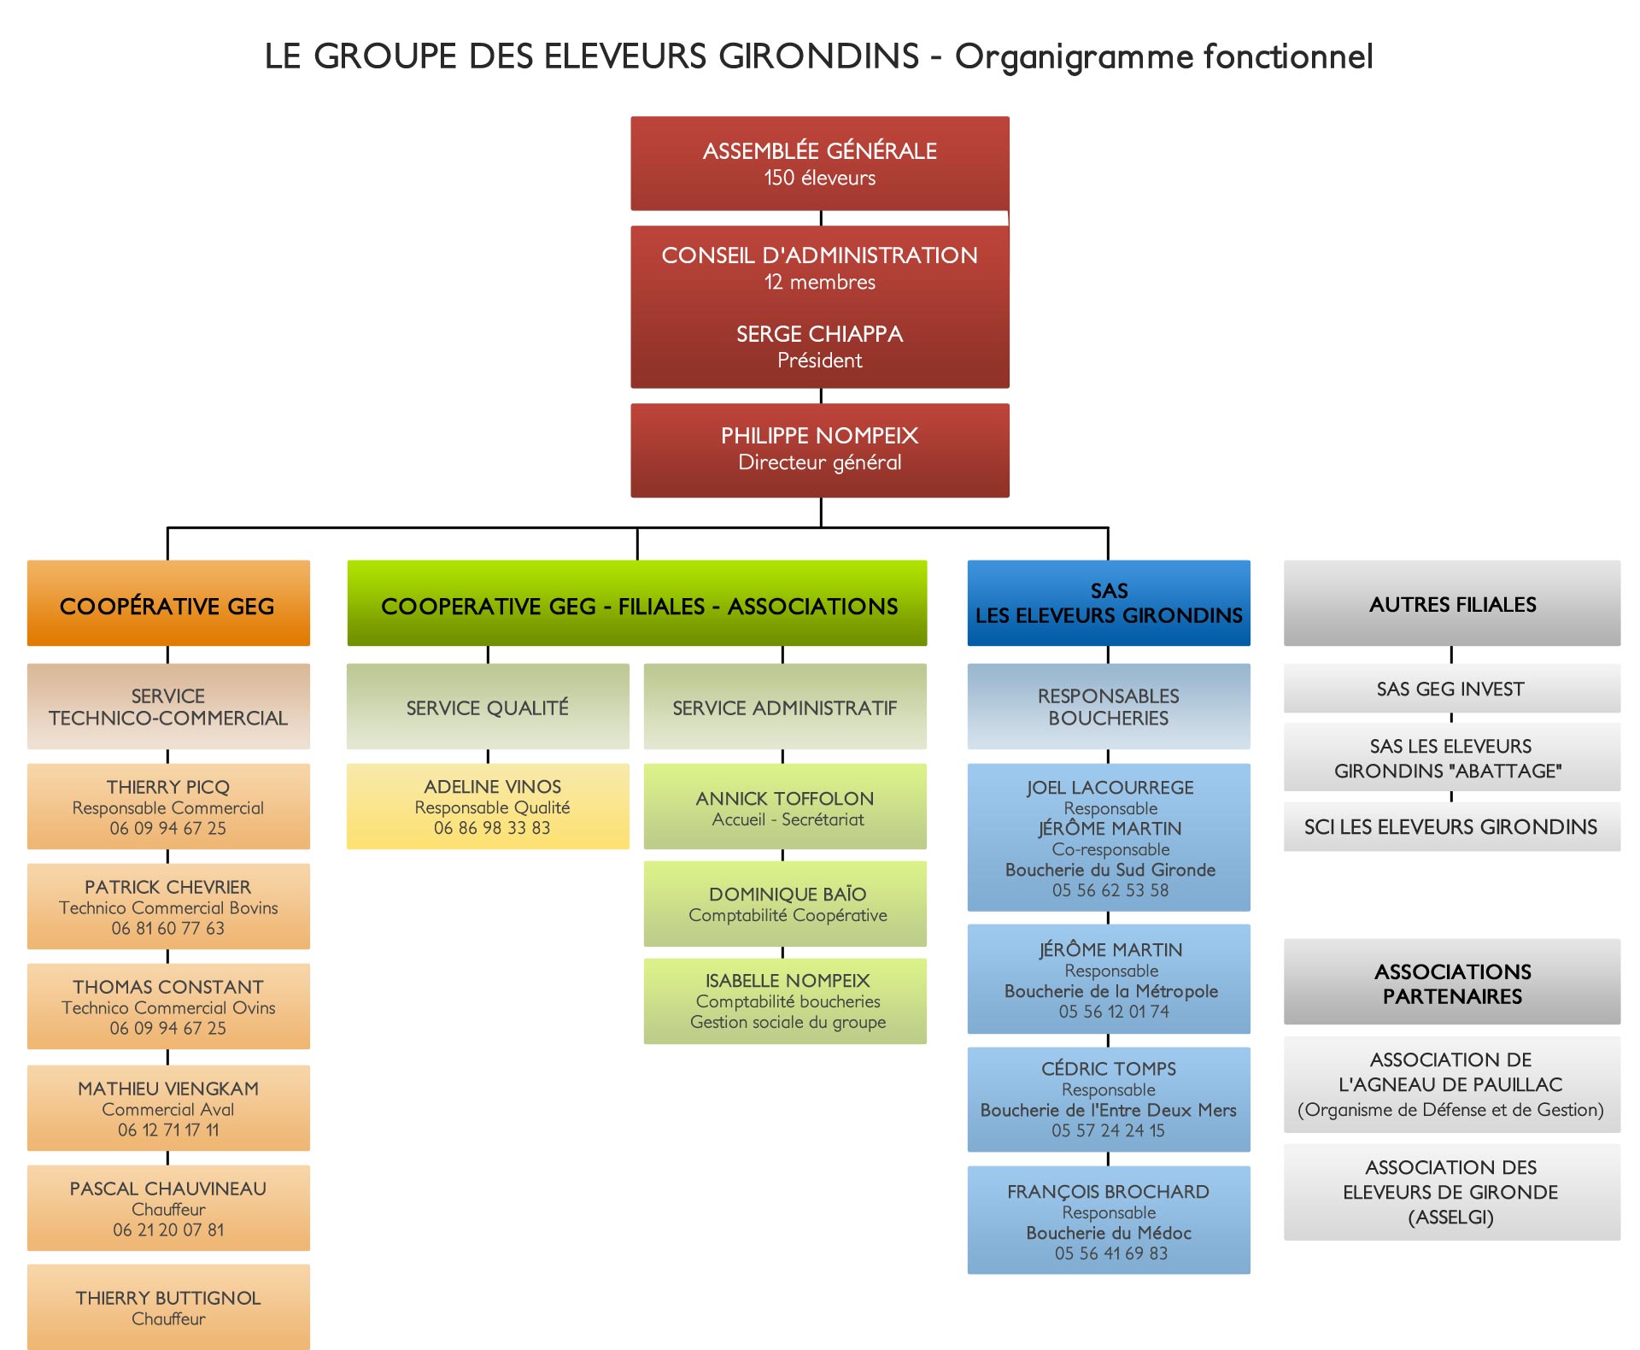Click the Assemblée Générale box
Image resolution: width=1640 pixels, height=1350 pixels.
820,163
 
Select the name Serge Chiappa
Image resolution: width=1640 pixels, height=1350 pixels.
820,334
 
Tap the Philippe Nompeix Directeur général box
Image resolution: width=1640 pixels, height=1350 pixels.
820,450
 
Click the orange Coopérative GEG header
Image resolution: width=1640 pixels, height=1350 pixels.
168,603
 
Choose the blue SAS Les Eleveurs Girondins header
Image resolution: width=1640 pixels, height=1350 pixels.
1109,603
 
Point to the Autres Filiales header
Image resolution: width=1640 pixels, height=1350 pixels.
1452,603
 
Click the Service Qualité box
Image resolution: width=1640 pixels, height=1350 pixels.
488,707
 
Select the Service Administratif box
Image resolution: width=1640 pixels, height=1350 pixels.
785,707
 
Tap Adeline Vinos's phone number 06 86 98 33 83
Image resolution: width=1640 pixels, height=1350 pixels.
492,828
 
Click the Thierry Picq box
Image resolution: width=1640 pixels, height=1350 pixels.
168,807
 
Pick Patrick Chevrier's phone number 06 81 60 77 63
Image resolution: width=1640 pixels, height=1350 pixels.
168,929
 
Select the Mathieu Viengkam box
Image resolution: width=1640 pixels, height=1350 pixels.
168,1108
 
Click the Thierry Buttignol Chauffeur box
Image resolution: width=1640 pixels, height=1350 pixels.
168,1307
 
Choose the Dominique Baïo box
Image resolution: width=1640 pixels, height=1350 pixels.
785,904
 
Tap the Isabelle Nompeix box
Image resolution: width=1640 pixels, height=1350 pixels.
785,1001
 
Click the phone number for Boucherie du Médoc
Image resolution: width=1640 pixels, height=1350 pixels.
1110,1253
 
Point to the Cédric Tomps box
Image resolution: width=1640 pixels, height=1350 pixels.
1109,1100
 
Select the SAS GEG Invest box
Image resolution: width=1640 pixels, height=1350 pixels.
1452,689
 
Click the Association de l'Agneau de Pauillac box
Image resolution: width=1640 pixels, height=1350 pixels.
1452,1085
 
